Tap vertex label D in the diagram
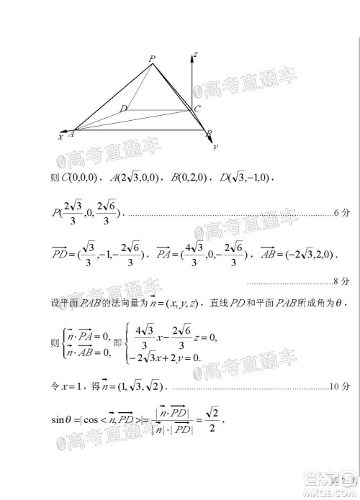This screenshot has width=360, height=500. [x=123, y=109]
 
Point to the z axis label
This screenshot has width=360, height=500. [x=197, y=55]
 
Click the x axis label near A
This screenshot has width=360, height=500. [x=60, y=135]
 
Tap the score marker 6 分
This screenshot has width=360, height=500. [x=341, y=213]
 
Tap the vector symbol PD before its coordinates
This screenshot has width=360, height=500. [x=59, y=255]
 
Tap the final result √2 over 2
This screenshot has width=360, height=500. [x=210, y=418]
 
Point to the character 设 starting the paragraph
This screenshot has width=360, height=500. [x=55, y=304]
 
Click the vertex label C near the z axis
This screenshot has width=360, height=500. [x=197, y=109]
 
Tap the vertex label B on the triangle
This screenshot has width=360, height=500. [x=209, y=134]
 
